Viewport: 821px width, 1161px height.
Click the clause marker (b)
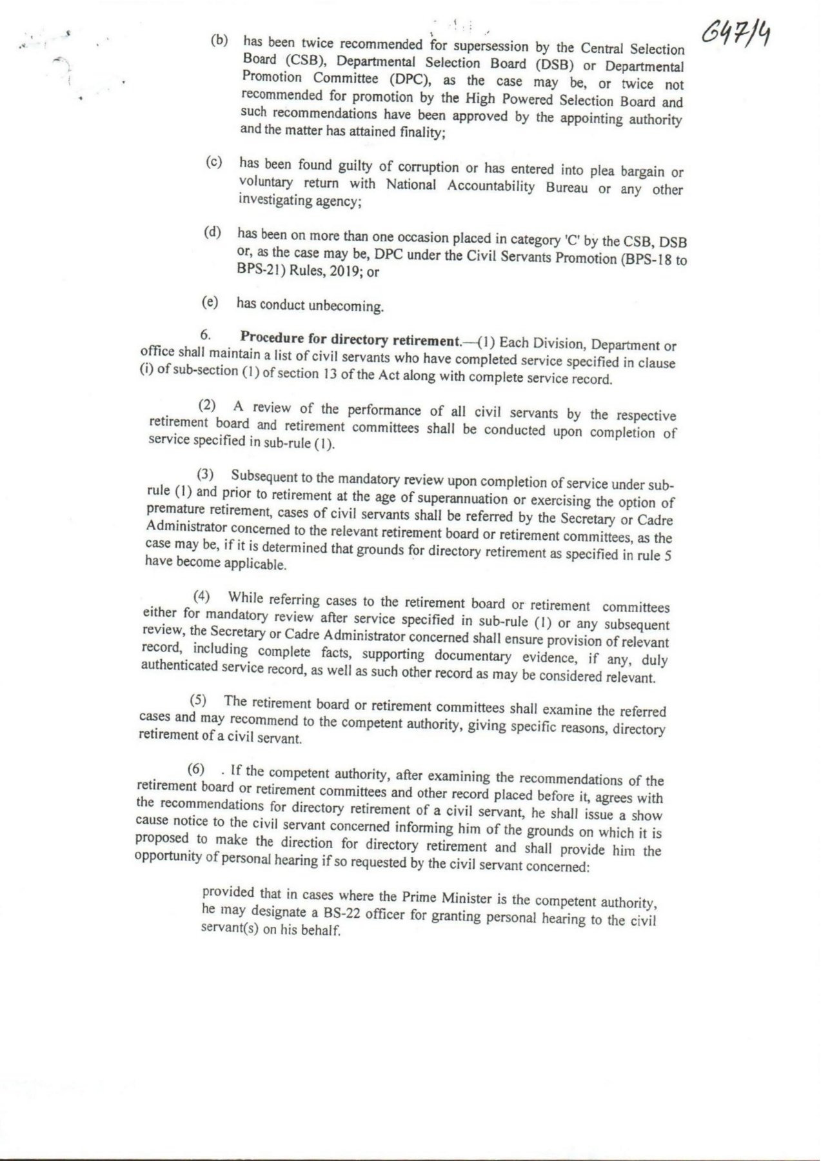[x=220, y=40]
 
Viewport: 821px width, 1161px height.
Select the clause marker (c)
[x=214, y=162]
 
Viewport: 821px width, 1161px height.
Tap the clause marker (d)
[x=212, y=232]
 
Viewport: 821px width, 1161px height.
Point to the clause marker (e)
[x=210, y=302]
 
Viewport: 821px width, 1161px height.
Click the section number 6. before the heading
[x=206, y=335]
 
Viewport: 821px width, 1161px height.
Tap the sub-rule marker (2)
[x=208, y=406]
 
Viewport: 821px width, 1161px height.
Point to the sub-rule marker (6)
[x=196, y=769]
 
